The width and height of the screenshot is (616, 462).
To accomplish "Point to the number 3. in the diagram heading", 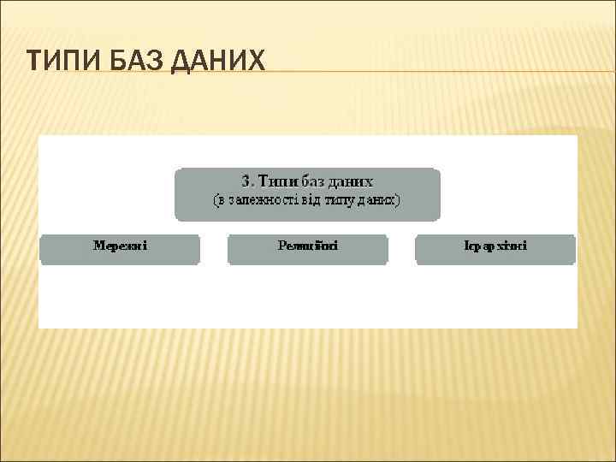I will coord(248,181).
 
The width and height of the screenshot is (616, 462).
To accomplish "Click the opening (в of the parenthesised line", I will coord(219,200).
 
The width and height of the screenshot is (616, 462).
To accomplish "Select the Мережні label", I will coord(120,246).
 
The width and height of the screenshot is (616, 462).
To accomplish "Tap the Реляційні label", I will coord(308,246).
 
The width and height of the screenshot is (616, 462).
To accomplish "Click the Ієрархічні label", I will coord(495,246).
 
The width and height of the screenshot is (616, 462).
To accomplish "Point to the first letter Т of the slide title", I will coord(33,62).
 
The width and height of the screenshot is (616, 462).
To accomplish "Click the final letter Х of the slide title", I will coord(256,62).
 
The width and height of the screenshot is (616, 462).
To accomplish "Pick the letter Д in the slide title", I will coord(182,62).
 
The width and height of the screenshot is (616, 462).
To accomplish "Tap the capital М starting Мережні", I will coord(99,246).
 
